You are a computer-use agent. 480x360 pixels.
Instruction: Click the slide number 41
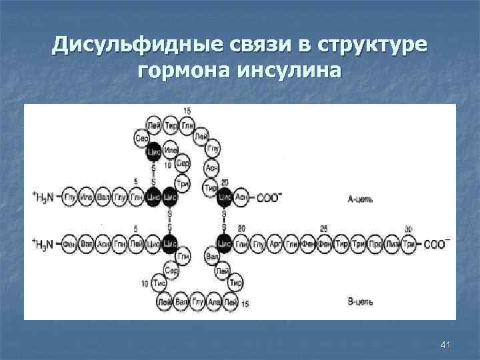(x=446, y=344)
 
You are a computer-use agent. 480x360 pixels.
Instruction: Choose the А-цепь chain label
(x=360, y=198)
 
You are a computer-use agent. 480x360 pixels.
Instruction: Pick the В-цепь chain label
(x=360, y=302)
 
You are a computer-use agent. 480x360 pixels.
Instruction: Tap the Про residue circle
(x=375, y=243)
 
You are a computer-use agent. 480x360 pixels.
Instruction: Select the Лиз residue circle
(x=393, y=243)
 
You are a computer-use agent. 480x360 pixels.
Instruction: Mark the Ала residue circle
(x=215, y=301)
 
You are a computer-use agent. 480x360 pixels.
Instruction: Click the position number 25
(x=323, y=229)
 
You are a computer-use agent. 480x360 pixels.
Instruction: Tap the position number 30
(x=408, y=229)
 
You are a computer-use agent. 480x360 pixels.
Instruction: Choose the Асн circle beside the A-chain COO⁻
(x=241, y=197)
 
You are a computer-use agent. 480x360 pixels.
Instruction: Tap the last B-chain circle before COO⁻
(x=409, y=243)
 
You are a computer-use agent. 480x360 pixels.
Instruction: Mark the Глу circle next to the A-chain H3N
(x=70, y=197)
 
